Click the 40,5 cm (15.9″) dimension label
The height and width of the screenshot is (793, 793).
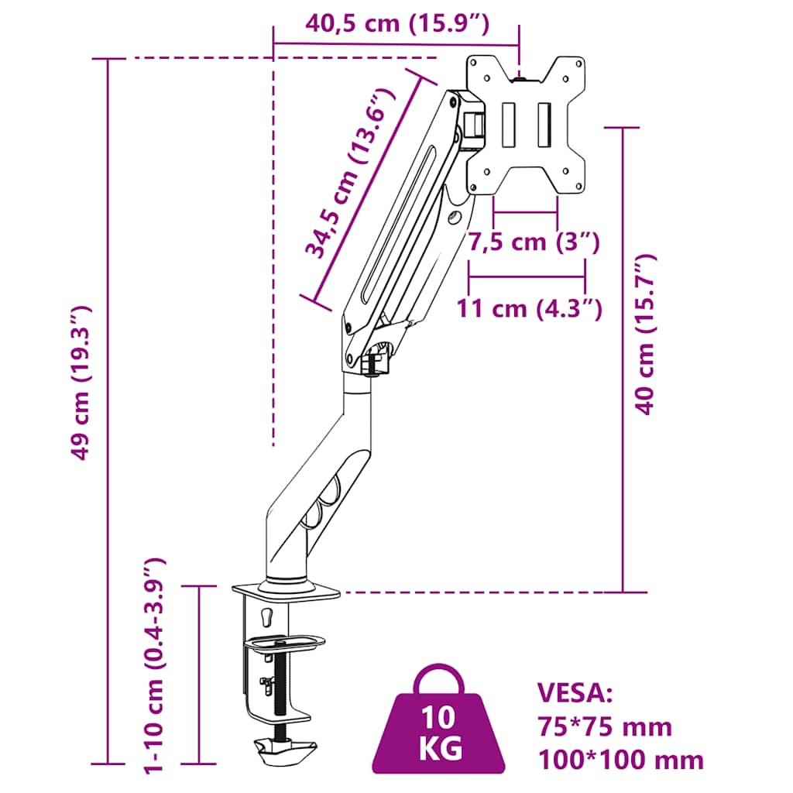pyautogui.click(x=397, y=24)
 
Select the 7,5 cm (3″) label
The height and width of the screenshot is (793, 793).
pyautogui.click(x=534, y=242)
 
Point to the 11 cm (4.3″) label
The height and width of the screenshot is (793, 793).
pyautogui.click(x=529, y=308)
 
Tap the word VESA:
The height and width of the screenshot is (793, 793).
pyautogui.click(x=575, y=692)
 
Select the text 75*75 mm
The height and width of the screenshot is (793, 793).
pyautogui.click(x=604, y=726)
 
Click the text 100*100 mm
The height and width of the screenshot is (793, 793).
pyautogui.click(x=620, y=760)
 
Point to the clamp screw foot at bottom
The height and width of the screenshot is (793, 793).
pyautogui.click(x=284, y=750)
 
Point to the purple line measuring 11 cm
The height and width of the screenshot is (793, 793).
pyautogui.click(x=527, y=276)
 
